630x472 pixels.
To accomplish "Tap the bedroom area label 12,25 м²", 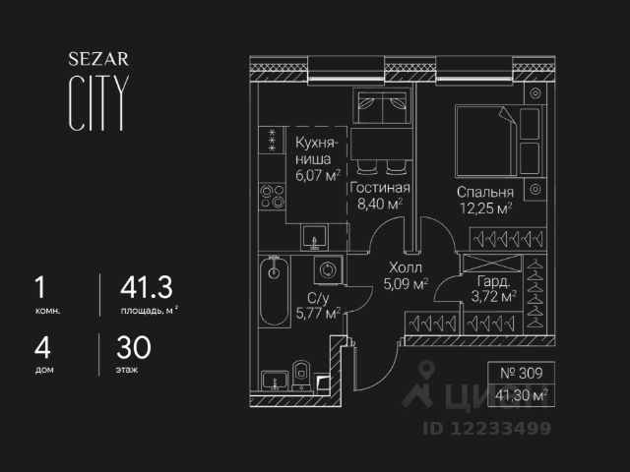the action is [483, 208].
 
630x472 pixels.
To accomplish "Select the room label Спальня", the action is [485, 193].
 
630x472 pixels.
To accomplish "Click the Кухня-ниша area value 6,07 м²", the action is [317, 176].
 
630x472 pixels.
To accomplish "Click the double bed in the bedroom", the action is [483, 139].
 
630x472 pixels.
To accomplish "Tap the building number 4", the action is [39, 347].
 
